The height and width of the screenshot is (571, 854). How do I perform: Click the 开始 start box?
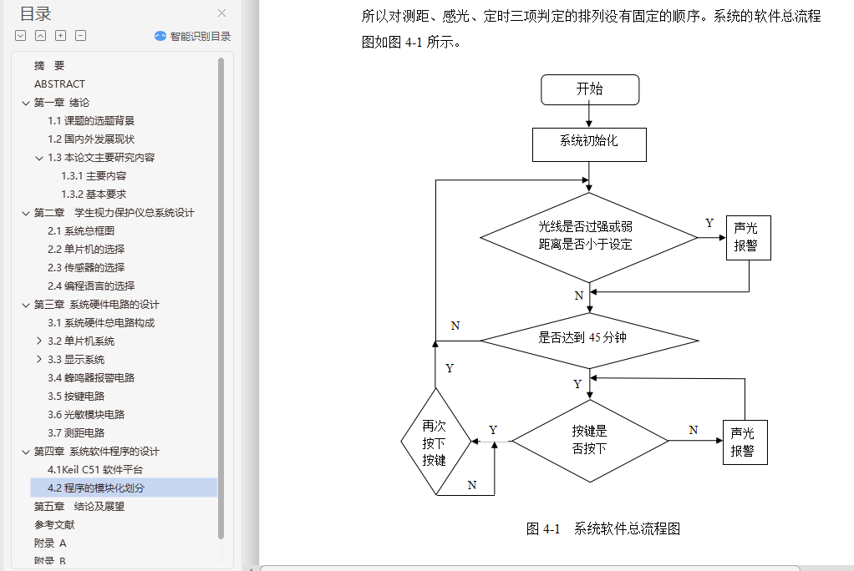589,89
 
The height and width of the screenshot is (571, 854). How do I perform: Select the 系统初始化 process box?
589,143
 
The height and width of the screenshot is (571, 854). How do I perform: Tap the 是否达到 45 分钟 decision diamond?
589,339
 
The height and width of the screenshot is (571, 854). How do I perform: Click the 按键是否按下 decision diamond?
589,440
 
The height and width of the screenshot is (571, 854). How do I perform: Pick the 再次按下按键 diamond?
435,442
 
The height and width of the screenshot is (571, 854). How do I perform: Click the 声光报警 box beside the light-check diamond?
748,238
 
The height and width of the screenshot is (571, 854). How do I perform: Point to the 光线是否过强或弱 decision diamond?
589,236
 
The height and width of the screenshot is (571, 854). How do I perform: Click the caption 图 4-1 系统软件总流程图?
603,528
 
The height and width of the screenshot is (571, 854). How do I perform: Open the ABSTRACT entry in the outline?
59,83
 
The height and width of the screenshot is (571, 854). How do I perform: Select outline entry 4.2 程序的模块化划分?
96,488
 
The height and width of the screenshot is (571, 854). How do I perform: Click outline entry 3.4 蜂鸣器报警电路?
91,377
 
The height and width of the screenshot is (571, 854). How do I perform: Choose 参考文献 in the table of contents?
54,524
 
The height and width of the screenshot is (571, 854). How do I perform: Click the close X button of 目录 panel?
222,13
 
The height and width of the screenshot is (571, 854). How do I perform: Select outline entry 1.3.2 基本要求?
94,194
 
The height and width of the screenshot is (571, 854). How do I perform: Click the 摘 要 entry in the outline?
49,65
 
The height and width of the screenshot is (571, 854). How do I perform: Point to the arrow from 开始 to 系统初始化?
589,115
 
